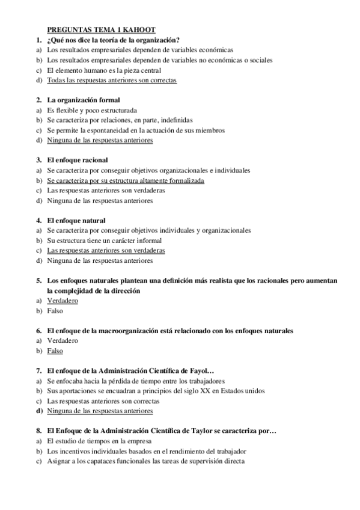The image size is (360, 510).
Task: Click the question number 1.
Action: click(x=38, y=40)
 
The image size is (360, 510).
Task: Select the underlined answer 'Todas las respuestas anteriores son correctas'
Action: click(x=112, y=80)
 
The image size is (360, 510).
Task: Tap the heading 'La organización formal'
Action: click(x=84, y=100)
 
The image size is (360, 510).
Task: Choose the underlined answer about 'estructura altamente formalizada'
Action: click(x=126, y=180)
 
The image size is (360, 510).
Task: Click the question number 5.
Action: click(x=38, y=281)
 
